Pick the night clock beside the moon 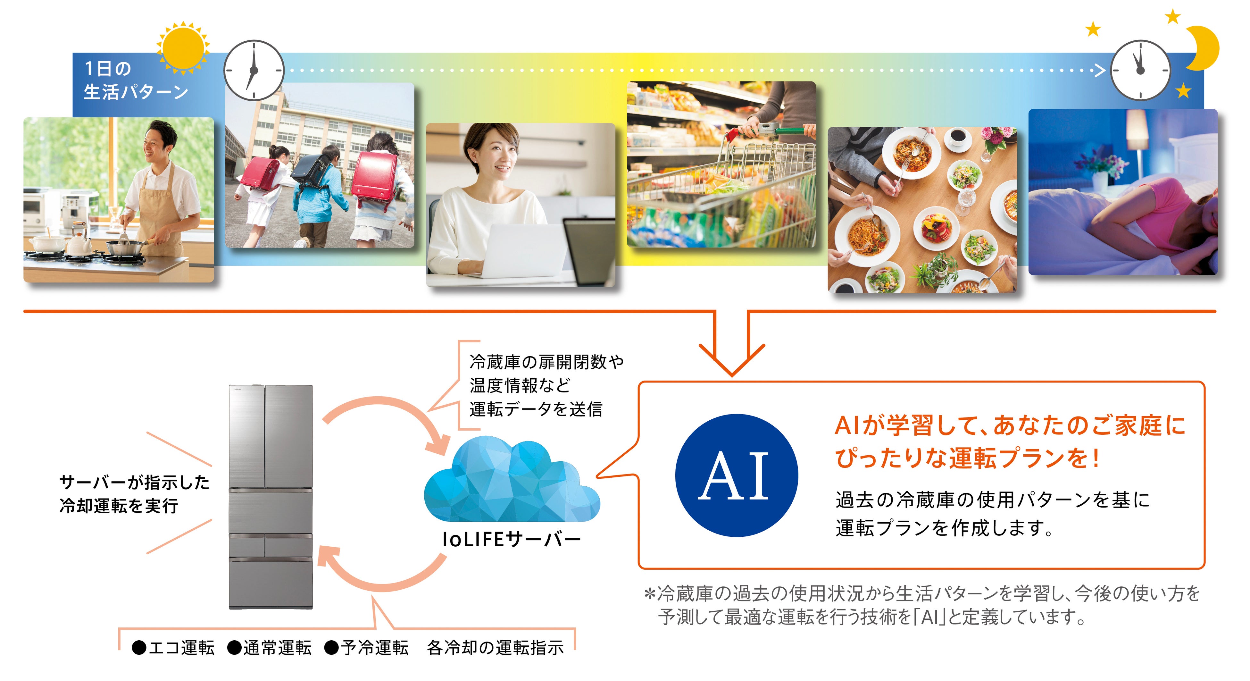point(1140,70)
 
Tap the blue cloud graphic point(512,481)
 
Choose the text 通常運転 point(277,648)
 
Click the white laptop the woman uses point(524,250)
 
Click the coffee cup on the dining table point(957,137)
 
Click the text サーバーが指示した point(134,482)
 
